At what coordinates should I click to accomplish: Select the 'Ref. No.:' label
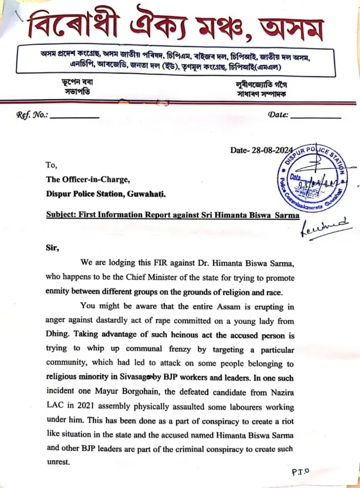(33, 115)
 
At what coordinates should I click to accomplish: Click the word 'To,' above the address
(52, 165)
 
